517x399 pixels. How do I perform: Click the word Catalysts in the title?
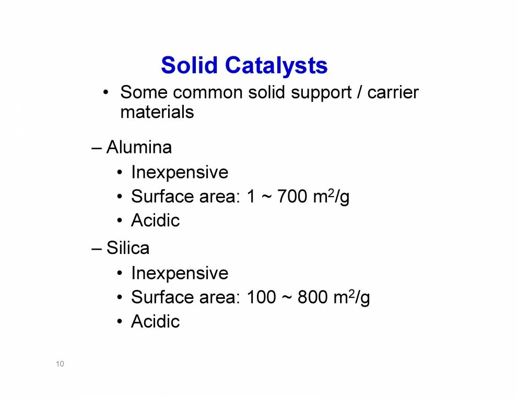tap(276, 66)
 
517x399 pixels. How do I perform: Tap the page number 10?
tap(60, 364)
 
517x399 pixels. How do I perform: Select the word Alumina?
tap(139, 148)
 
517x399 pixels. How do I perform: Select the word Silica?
tap(128, 248)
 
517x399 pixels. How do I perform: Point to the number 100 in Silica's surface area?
tap(261, 297)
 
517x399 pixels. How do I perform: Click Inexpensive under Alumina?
tap(180, 172)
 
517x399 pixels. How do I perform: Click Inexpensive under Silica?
tap(180, 273)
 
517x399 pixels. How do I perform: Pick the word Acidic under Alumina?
tap(155, 221)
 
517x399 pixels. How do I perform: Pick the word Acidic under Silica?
tap(155, 321)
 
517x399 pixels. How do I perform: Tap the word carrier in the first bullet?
tap(393, 93)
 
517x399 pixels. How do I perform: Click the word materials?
tap(157, 112)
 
